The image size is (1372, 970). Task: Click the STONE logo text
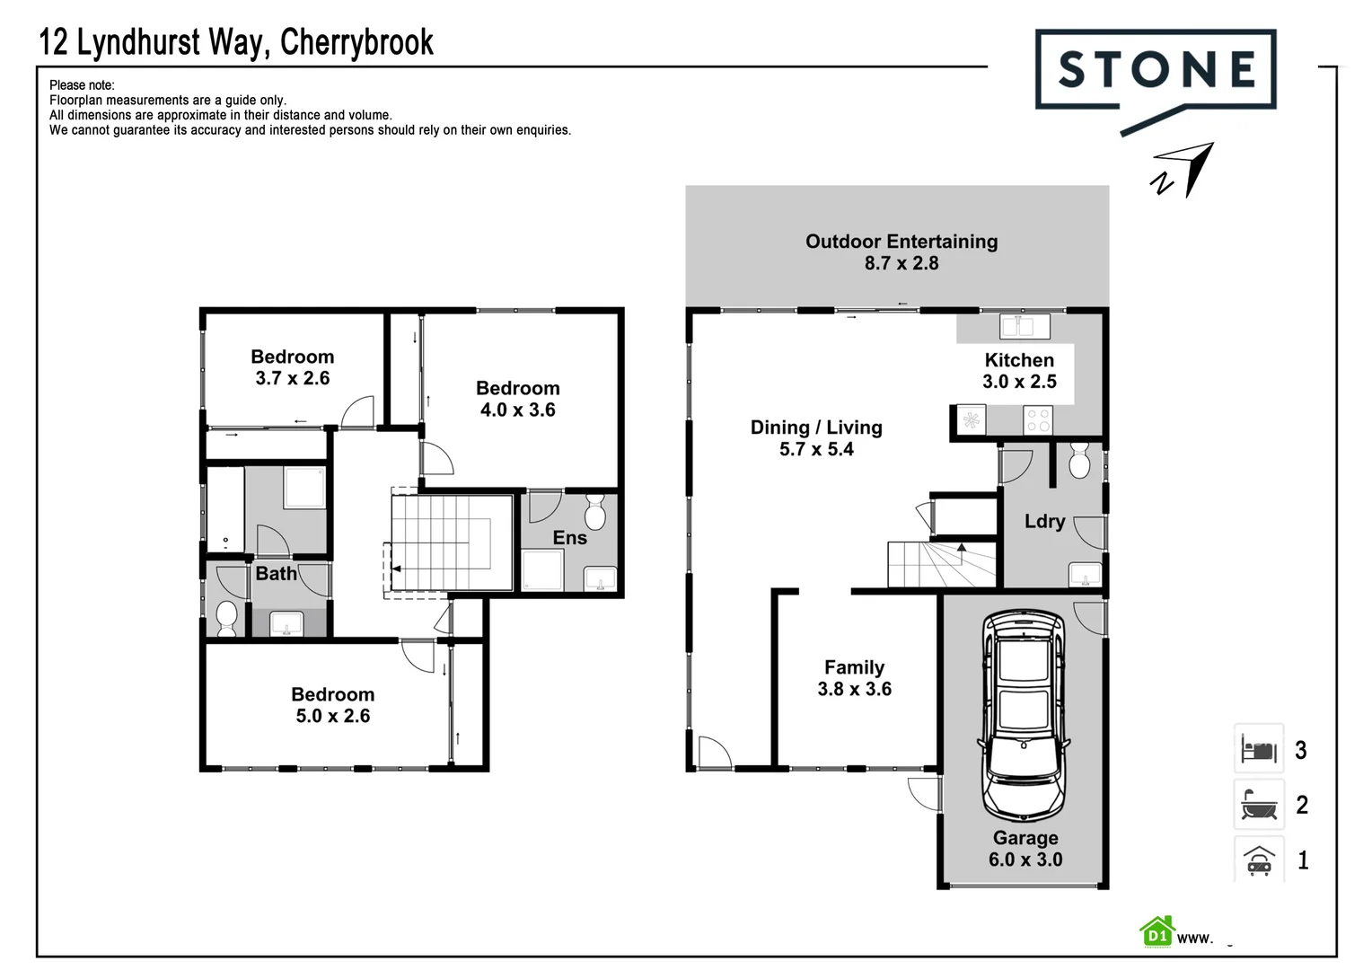click(1156, 70)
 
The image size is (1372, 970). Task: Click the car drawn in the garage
click(1024, 715)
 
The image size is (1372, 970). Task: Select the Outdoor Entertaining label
click(901, 242)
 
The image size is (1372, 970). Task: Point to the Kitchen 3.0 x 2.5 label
click(1019, 371)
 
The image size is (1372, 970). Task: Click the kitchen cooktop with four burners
click(1038, 419)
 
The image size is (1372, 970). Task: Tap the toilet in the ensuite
click(594, 513)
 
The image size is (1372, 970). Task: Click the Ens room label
click(569, 538)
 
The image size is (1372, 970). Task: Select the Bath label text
click(276, 574)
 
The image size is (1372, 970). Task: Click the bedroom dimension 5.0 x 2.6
click(333, 716)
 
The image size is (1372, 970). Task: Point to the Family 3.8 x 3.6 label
click(854, 678)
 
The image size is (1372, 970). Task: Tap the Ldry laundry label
click(1044, 522)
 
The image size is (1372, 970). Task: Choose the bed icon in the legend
click(1258, 748)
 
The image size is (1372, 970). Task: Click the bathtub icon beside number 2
click(1258, 805)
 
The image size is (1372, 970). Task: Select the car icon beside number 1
click(1258, 860)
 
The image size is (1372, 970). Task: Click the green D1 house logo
click(1157, 933)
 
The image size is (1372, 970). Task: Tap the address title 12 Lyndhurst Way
click(236, 42)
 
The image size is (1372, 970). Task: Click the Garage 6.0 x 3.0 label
click(1025, 849)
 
